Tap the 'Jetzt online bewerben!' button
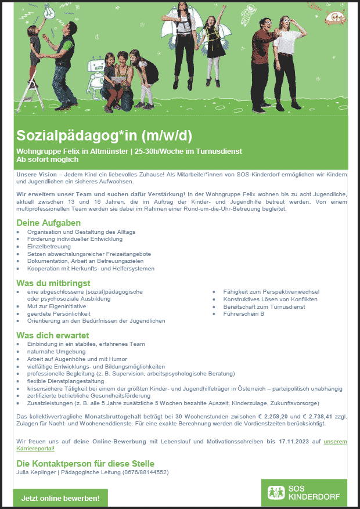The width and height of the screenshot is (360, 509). [60, 498]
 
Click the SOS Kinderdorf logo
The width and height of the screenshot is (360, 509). [304, 493]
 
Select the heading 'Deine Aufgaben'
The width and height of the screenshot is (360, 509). [48, 223]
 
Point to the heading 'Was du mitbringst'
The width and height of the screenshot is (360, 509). [53, 283]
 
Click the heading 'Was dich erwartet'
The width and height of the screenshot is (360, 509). [53, 335]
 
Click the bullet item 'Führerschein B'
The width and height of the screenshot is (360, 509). [244, 313]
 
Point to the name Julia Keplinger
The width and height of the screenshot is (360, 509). [38, 472]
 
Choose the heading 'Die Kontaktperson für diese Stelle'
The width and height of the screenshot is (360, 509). [85, 463]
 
